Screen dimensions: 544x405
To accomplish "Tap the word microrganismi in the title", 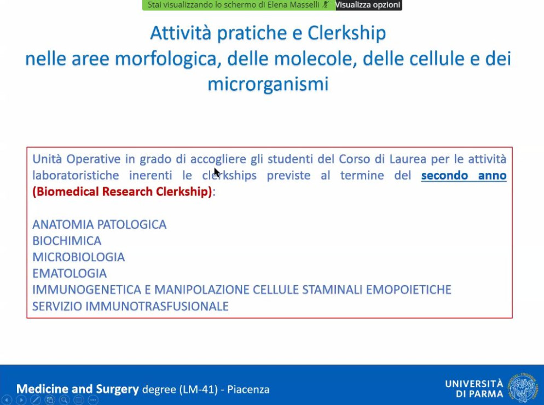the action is (x=268, y=84).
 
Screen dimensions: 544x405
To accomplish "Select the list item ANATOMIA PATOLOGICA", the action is (x=100, y=224).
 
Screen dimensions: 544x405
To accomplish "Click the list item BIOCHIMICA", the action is (x=67, y=241).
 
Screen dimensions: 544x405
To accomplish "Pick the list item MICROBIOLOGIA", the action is (x=78, y=257).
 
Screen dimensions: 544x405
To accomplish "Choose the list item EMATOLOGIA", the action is (x=70, y=274).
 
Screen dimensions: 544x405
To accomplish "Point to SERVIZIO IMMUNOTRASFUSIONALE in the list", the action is (x=130, y=306).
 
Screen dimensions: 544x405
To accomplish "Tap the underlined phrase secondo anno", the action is (x=464, y=175).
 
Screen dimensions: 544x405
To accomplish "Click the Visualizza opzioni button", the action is (x=369, y=5).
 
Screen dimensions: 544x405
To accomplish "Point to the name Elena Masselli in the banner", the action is (x=293, y=5).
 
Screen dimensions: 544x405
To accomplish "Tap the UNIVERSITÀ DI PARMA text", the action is (x=474, y=389).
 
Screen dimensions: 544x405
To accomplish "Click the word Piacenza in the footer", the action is (x=248, y=389).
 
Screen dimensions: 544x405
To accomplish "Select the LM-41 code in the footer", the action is (x=199, y=389).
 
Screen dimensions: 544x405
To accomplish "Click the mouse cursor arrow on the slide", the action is (x=217, y=172).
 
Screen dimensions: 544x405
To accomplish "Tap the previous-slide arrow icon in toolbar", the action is (x=7, y=400).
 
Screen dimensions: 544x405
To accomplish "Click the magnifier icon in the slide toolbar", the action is (x=64, y=400).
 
